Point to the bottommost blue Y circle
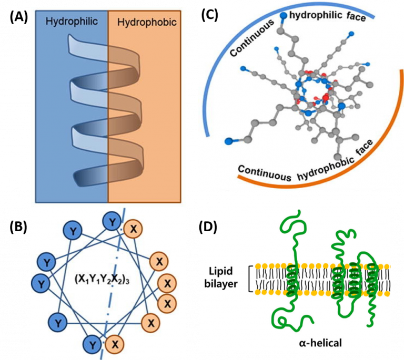pos(93,345)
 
